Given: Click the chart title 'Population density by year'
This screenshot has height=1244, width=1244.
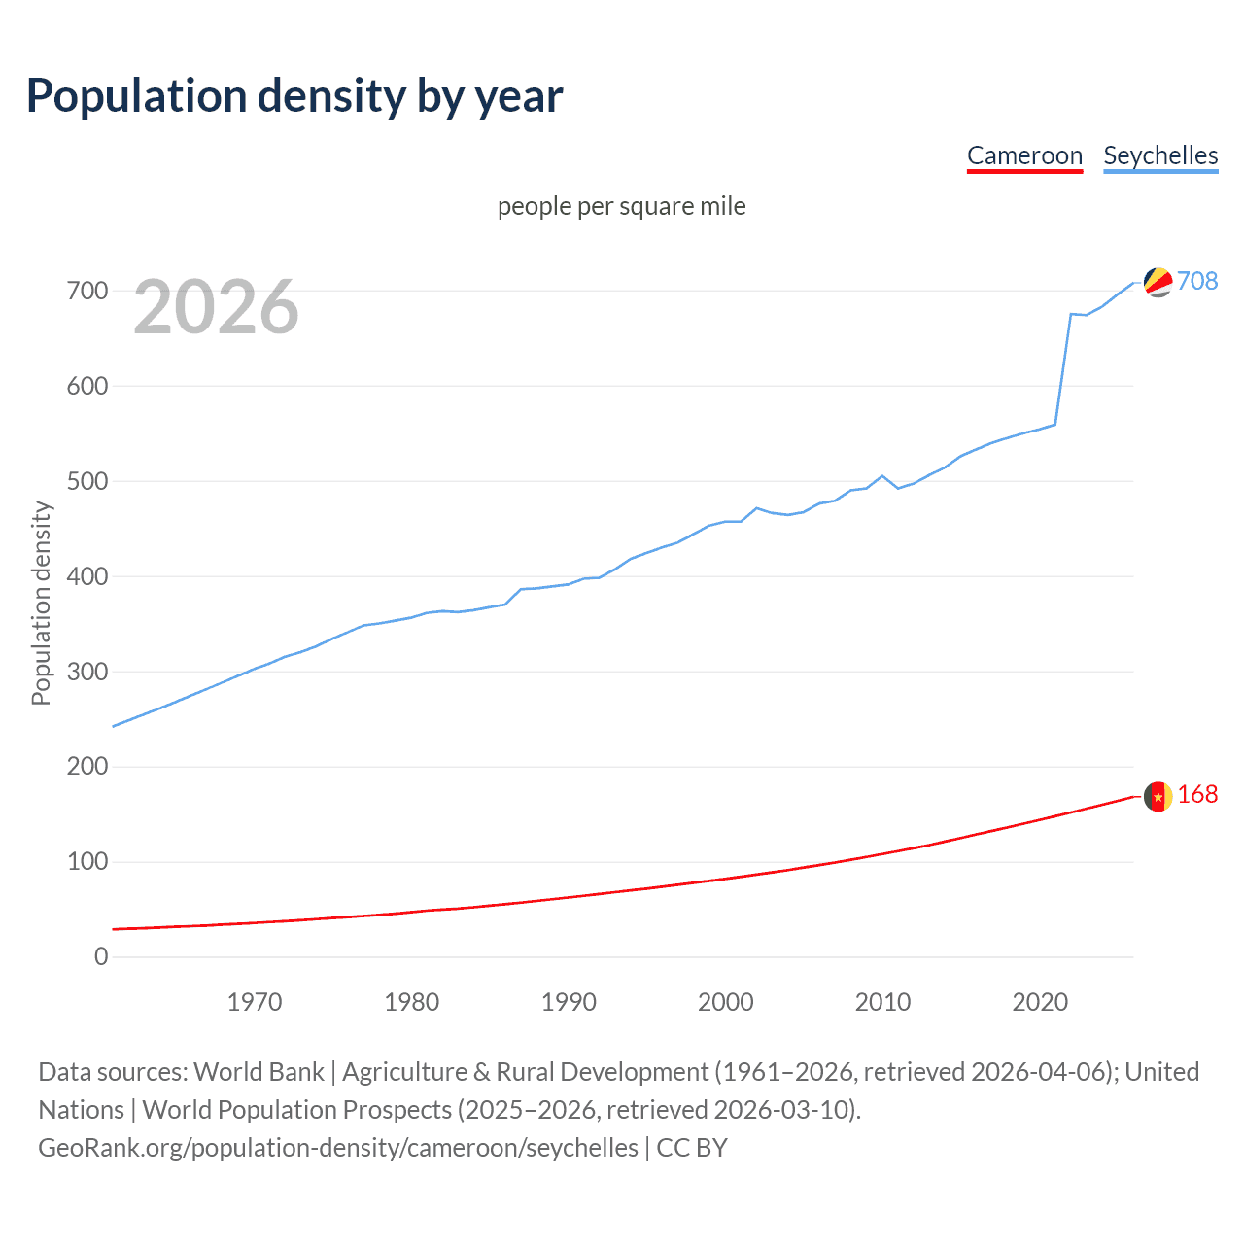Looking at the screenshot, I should pyautogui.click(x=294, y=96).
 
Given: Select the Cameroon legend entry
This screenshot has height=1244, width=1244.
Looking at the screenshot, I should pyautogui.click(x=1024, y=155).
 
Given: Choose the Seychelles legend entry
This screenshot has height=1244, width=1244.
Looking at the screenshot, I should pyautogui.click(x=1160, y=155).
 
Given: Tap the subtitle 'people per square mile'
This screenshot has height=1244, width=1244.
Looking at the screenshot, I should pyautogui.click(x=621, y=206).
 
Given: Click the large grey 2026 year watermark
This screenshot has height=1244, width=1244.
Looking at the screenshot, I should pyautogui.click(x=216, y=307).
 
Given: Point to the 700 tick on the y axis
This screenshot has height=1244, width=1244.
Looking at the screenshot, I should pyautogui.click(x=87, y=291).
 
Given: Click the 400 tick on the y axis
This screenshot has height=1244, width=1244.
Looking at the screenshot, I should pyautogui.click(x=87, y=576).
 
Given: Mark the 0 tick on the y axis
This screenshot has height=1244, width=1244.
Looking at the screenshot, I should pyautogui.click(x=101, y=957).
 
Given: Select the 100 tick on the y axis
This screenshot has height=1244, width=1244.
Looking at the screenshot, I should pyautogui.click(x=87, y=862).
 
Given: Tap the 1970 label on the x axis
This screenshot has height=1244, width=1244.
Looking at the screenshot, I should pyautogui.click(x=255, y=1002).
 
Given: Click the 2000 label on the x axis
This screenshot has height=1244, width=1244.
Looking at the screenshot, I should pyautogui.click(x=726, y=1002).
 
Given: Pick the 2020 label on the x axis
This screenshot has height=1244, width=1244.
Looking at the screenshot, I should pyautogui.click(x=1040, y=1002).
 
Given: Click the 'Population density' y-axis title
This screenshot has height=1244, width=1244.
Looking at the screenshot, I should pyautogui.click(x=41, y=603).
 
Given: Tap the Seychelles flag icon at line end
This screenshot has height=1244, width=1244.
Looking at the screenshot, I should pyautogui.click(x=1158, y=282).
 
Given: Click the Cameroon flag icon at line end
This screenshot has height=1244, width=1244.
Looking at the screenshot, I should pyautogui.click(x=1158, y=796).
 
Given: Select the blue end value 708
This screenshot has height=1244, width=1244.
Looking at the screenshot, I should pyautogui.click(x=1197, y=281).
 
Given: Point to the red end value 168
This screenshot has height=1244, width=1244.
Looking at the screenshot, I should pyautogui.click(x=1197, y=795).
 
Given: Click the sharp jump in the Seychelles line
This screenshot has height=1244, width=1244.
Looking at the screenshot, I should pyautogui.click(x=1063, y=369).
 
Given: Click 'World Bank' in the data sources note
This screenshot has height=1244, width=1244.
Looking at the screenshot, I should pyautogui.click(x=259, y=1072).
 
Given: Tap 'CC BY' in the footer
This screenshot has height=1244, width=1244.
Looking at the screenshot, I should pyautogui.click(x=692, y=1148).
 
